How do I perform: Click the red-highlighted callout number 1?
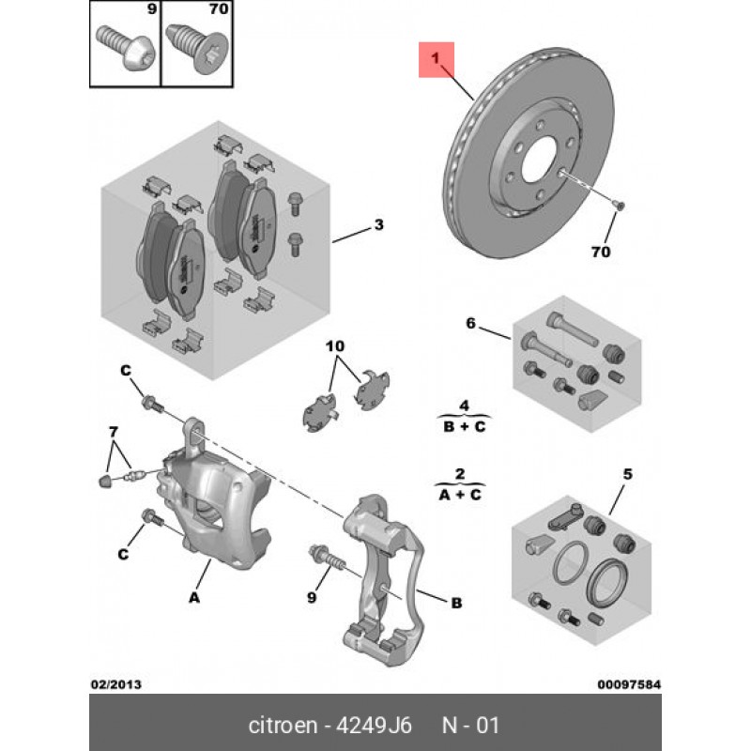(436, 60)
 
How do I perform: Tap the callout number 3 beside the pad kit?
(378, 225)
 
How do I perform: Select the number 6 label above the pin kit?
(470, 325)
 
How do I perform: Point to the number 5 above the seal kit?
(628, 474)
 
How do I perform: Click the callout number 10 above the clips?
(335, 347)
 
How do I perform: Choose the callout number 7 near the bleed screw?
(114, 432)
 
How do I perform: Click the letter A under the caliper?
(194, 596)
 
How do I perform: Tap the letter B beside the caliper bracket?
(456, 604)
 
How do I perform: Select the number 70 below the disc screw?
(601, 253)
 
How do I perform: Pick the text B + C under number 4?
(463, 425)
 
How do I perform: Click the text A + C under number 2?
(460, 494)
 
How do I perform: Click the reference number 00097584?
(629, 684)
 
